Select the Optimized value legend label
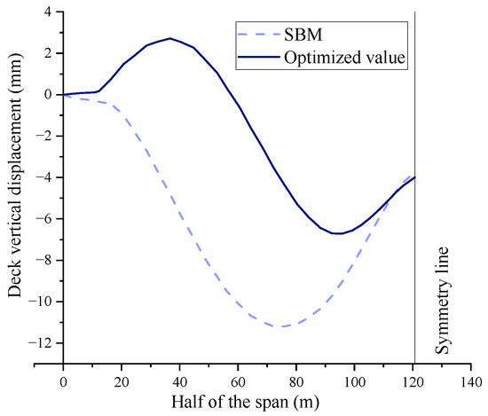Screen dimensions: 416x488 (346, 59)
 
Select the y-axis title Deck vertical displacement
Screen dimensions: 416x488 (15, 187)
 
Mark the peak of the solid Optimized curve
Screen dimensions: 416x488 (170, 38)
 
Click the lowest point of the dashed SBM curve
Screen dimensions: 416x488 (282, 326)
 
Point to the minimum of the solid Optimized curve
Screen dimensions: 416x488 (338, 233)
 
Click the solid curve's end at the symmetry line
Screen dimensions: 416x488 (414, 177)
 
